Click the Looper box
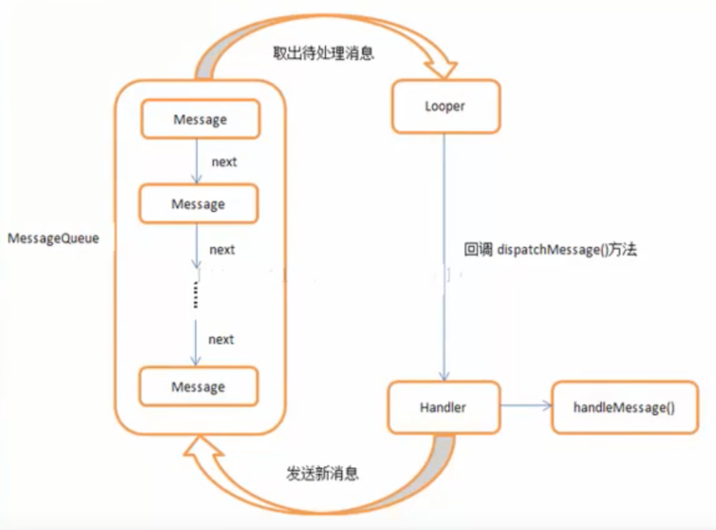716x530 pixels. coord(446,106)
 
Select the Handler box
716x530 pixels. coord(444,407)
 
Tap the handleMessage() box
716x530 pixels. coord(625,407)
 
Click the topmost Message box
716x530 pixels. coord(201,119)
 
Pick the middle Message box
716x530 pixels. coord(199,204)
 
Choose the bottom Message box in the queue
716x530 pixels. coord(199,386)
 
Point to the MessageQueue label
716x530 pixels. coord(53,238)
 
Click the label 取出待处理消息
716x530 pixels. coord(324,53)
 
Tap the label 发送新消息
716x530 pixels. coord(322,473)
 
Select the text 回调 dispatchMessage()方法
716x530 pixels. coord(550,249)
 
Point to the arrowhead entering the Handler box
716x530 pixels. coord(444,375)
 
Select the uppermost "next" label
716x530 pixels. coord(224,161)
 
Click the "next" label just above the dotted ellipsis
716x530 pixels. coord(222,249)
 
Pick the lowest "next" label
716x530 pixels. coord(221,340)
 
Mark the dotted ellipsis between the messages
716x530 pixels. coord(196,294)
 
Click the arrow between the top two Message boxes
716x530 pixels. coord(197,161)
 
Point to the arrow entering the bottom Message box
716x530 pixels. coord(196,343)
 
